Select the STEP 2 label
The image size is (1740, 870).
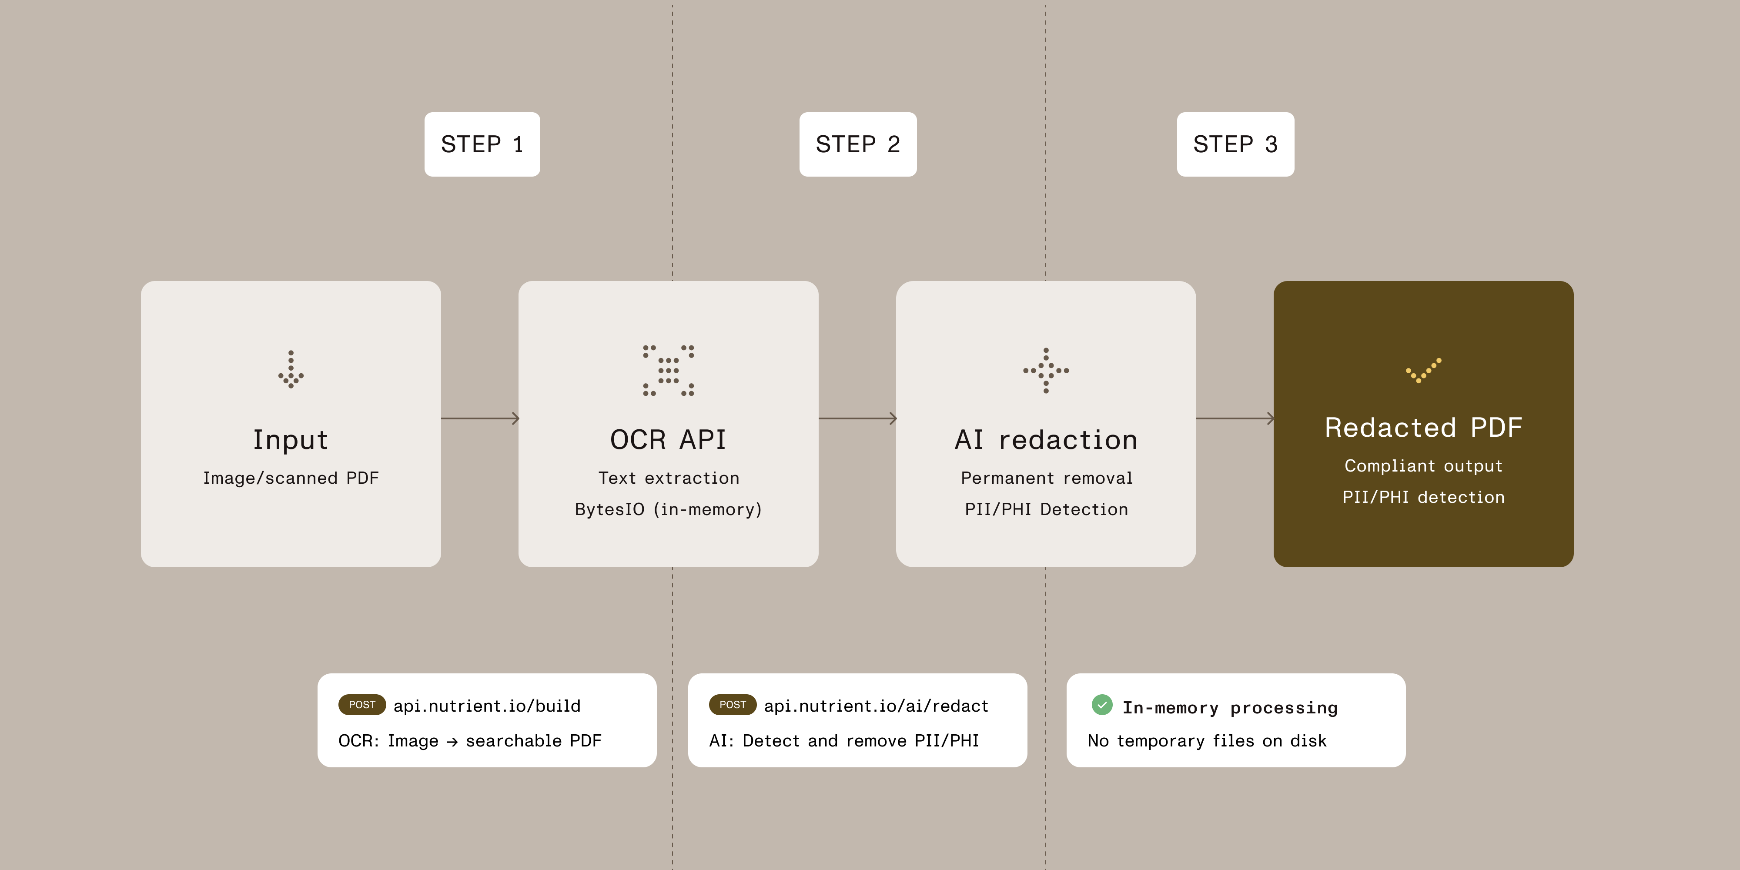858,144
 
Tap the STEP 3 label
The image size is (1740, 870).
1235,144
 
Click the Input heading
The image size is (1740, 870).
291,440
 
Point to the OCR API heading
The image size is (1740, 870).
668,440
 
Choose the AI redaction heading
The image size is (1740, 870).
1046,440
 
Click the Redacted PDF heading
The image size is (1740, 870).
1423,428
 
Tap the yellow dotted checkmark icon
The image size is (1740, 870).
1423,370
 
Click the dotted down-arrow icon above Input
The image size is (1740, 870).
291,369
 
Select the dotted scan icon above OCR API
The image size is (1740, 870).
668,370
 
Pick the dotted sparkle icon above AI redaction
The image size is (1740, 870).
1046,370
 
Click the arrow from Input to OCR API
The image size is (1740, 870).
479,419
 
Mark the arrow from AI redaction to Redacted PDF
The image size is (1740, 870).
1235,419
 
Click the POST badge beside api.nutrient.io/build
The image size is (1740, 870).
362,705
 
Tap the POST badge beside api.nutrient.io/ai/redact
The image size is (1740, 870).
732,705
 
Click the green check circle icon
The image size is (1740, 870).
1102,705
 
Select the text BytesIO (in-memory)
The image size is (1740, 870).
668,509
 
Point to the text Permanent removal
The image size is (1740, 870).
1046,478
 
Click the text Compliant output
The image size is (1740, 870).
1423,466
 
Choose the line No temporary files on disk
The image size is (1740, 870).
1206,741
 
